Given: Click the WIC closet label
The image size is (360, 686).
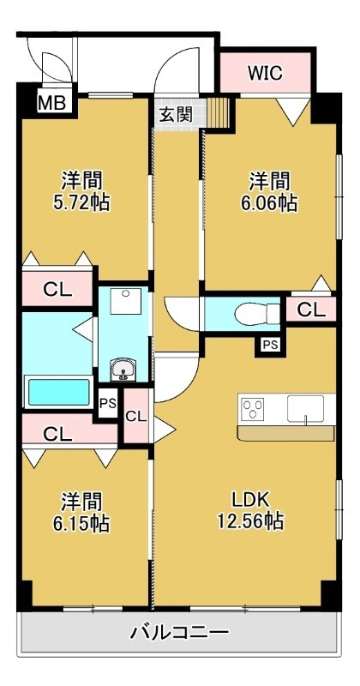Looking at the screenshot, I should click(x=265, y=73).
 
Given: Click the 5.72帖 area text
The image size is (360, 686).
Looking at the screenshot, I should click(x=82, y=203).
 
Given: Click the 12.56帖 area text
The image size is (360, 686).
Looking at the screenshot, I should click(x=251, y=521).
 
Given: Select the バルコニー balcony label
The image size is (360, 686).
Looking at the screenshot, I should click(x=179, y=634).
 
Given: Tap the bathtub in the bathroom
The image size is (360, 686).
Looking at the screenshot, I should click(x=58, y=392).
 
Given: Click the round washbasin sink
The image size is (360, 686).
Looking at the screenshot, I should click(x=124, y=370).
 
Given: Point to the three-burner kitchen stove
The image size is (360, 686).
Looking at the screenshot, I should click(x=255, y=409).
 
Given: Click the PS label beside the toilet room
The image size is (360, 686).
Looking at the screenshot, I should click(x=270, y=345).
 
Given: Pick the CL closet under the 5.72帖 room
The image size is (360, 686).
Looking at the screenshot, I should click(x=57, y=290).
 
